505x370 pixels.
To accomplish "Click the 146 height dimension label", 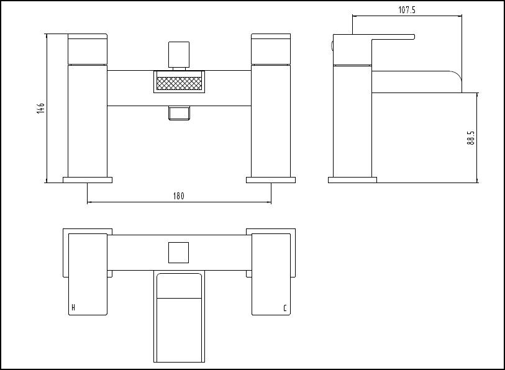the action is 40,108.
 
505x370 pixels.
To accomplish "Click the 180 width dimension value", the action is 179,196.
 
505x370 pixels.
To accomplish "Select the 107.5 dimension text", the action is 407,10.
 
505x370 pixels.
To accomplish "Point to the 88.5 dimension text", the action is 471,137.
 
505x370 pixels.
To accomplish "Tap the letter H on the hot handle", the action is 73,307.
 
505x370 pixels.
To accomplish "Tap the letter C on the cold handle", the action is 284,308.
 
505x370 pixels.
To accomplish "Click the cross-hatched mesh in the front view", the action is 179,83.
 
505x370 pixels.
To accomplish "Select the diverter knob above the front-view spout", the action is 179,55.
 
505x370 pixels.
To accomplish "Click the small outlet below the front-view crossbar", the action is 179,113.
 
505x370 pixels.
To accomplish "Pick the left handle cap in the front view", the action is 88,48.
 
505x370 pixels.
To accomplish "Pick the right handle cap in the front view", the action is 271,48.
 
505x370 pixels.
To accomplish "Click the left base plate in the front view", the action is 88,180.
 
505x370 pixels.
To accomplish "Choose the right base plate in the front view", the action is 271,180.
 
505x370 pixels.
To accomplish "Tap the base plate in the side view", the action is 352,180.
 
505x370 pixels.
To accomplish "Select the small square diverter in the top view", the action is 178,253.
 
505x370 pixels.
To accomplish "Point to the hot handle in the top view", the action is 88,274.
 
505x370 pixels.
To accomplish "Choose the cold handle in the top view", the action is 271,274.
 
